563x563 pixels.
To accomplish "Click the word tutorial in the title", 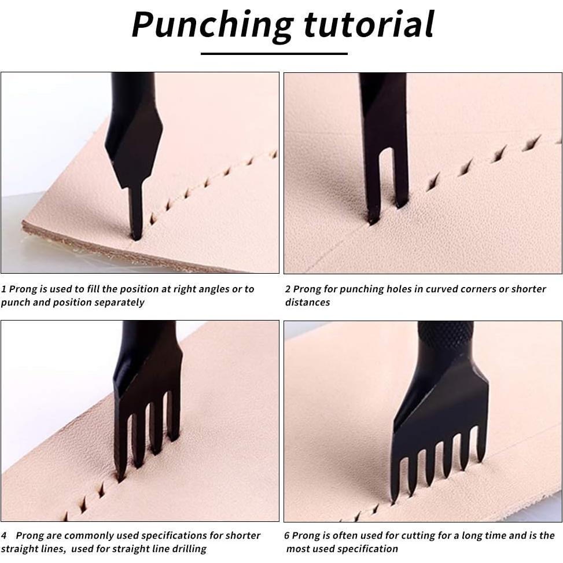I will tap(369, 24).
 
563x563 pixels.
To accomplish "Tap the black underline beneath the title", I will tap(274, 53).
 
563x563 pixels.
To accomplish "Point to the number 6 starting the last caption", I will tap(287, 536).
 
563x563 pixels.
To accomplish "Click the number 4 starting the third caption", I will tap(4, 536).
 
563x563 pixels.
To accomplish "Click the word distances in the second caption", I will tap(307, 302).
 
